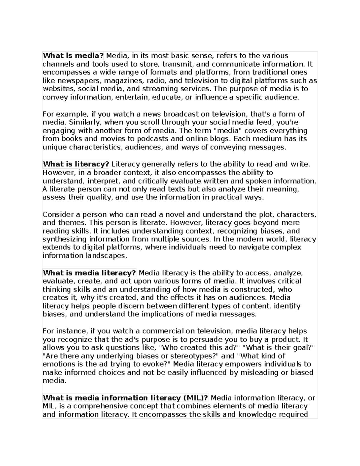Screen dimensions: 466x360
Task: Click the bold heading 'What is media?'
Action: pos(73,56)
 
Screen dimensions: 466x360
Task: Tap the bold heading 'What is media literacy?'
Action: pos(89,273)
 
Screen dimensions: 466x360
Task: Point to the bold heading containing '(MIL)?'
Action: pos(125,398)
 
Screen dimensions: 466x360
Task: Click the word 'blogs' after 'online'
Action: pos(220,139)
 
